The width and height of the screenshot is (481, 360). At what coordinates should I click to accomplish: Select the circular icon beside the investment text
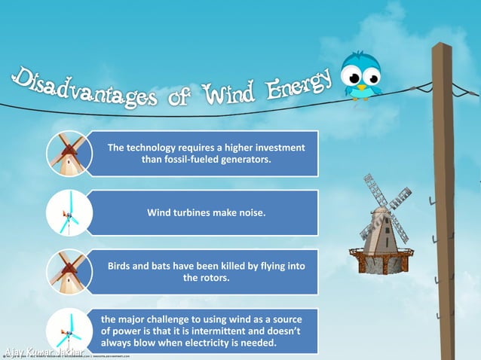tap(67, 154)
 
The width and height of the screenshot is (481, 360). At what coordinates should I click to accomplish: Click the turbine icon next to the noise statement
tap(67, 213)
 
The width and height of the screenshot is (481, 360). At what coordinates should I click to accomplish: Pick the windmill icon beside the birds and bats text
tap(67, 272)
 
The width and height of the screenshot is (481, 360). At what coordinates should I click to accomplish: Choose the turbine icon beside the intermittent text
tap(67, 330)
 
